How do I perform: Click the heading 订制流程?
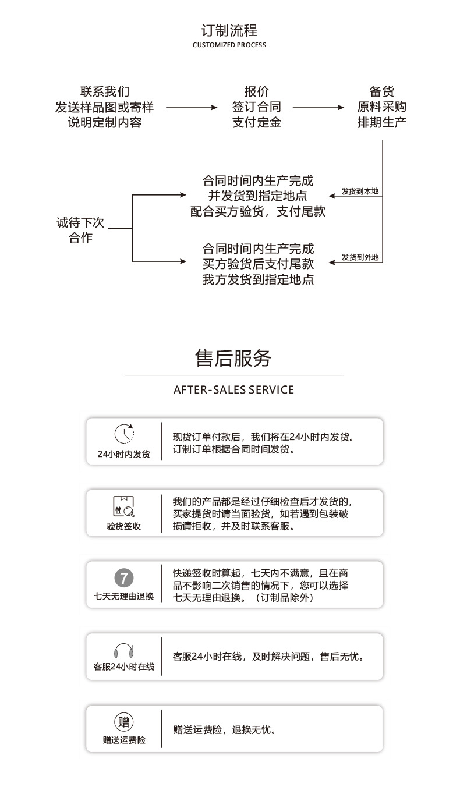click(x=229, y=30)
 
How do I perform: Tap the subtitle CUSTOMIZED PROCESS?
click(x=229, y=45)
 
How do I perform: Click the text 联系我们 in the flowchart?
click(x=105, y=91)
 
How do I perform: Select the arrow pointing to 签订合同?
click(x=192, y=107)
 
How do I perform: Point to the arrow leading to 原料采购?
click(x=319, y=107)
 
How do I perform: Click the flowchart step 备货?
click(x=382, y=91)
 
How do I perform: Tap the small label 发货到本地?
click(x=360, y=191)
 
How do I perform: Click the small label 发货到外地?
click(x=360, y=257)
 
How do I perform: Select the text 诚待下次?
click(x=80, y=222)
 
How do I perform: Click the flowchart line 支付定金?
click(x=257, y=122)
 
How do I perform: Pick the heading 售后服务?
click(x=233, y=359)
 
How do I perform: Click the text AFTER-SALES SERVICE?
click(x=234, y=389)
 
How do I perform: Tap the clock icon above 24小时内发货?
click(x=124, y=434)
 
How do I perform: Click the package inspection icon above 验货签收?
click(x=124, y=506)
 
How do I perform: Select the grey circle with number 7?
click(x=124, y=578)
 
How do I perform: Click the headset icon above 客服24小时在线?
click(x=124, y=651)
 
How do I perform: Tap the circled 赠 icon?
click(x=124, y=722)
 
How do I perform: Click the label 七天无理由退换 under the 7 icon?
click(x=124, y=596)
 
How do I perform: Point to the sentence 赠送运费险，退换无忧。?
click(x=224, y=729)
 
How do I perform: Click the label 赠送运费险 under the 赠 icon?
click(x=124, y=740)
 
